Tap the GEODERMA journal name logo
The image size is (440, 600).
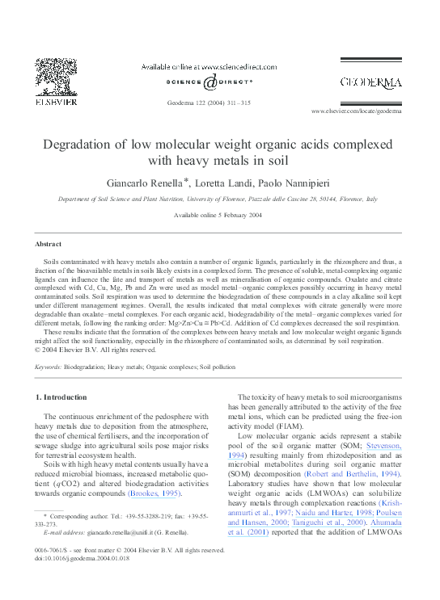[370, 82]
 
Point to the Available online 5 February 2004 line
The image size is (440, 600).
[218, 215]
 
